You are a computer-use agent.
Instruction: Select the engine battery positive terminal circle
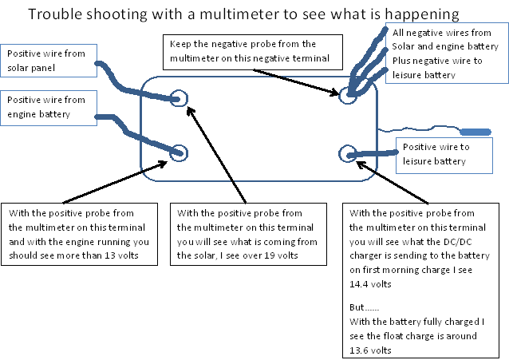[x=179, y=152]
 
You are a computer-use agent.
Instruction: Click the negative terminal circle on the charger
[x=347, y=95]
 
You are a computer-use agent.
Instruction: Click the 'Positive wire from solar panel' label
[x=49, y=61]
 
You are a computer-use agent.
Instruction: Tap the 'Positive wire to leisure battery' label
[x=452, y=154]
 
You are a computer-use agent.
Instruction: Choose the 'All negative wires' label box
[x=447, y=54]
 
